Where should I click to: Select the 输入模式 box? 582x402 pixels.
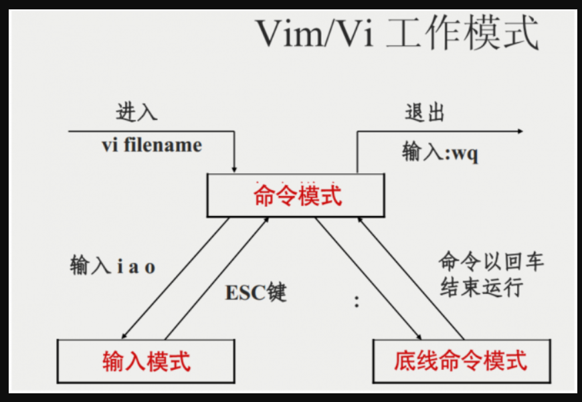tap(146, 361)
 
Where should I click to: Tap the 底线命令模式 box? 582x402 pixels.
tap(460, 361)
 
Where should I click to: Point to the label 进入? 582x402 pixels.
tap(136, 112)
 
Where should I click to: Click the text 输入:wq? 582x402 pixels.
tap(440, 153)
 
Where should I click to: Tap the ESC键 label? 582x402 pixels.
tap(256, 292)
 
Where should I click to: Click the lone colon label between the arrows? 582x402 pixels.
tap(357, 302)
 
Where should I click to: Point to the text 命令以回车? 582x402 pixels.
tap(491, 261)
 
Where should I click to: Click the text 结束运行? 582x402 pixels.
tap(480, 288)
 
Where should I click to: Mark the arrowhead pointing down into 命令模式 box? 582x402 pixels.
tap(234, 167)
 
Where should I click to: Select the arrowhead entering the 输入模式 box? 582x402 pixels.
tap(124, 335)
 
